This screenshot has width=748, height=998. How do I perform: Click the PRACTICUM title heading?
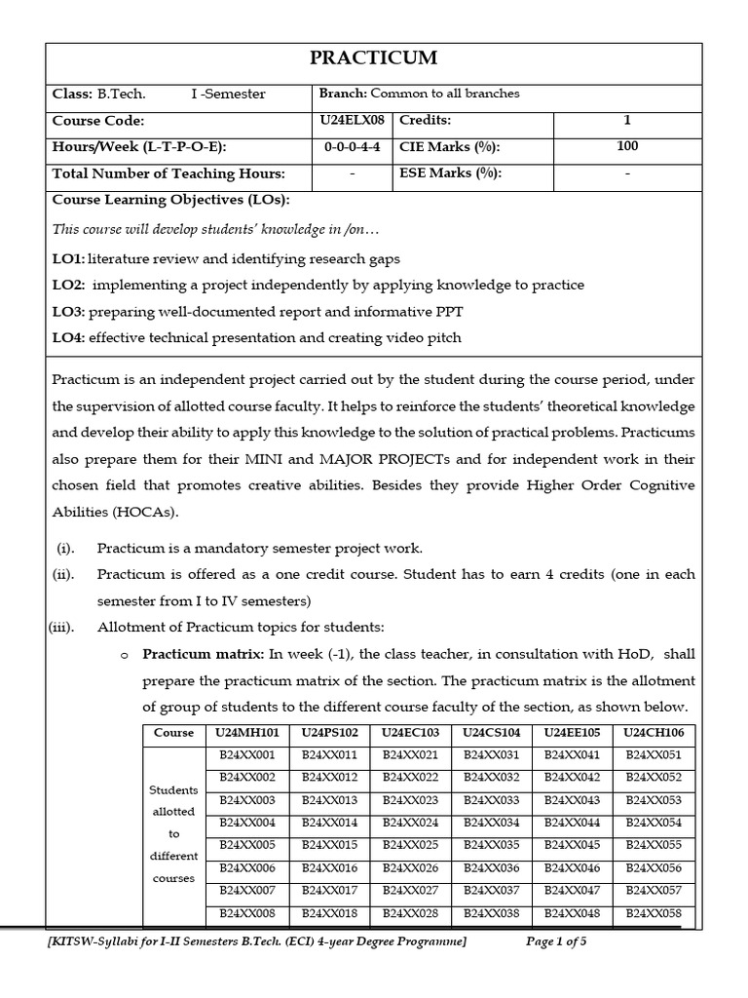point(373,59)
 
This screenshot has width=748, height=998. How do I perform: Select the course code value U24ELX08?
point(351,120)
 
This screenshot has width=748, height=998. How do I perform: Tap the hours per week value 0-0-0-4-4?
point(351,147)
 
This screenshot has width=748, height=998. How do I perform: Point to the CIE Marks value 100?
point(627,146)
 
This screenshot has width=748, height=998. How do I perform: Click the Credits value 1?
point(627,120)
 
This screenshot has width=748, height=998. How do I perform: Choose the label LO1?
point(67,259)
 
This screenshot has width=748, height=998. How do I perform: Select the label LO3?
point(68,311)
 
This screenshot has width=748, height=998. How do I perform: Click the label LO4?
point(68,337)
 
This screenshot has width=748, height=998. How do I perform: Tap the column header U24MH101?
point(247,732)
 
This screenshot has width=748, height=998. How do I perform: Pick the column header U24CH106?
point(653,732)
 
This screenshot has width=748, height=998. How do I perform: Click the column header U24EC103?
point(409,732)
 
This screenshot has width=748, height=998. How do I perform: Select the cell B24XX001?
point(247,754)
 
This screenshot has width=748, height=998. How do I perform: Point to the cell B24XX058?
point(653,913)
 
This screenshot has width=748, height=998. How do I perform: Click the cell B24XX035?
point(490,844)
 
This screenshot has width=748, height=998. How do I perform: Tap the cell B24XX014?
point(329,822)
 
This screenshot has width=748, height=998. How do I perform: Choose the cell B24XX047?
point(572,890)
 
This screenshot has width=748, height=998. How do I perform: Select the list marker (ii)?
point(63,574)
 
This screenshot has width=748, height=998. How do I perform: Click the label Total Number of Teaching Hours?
point(168,173)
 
